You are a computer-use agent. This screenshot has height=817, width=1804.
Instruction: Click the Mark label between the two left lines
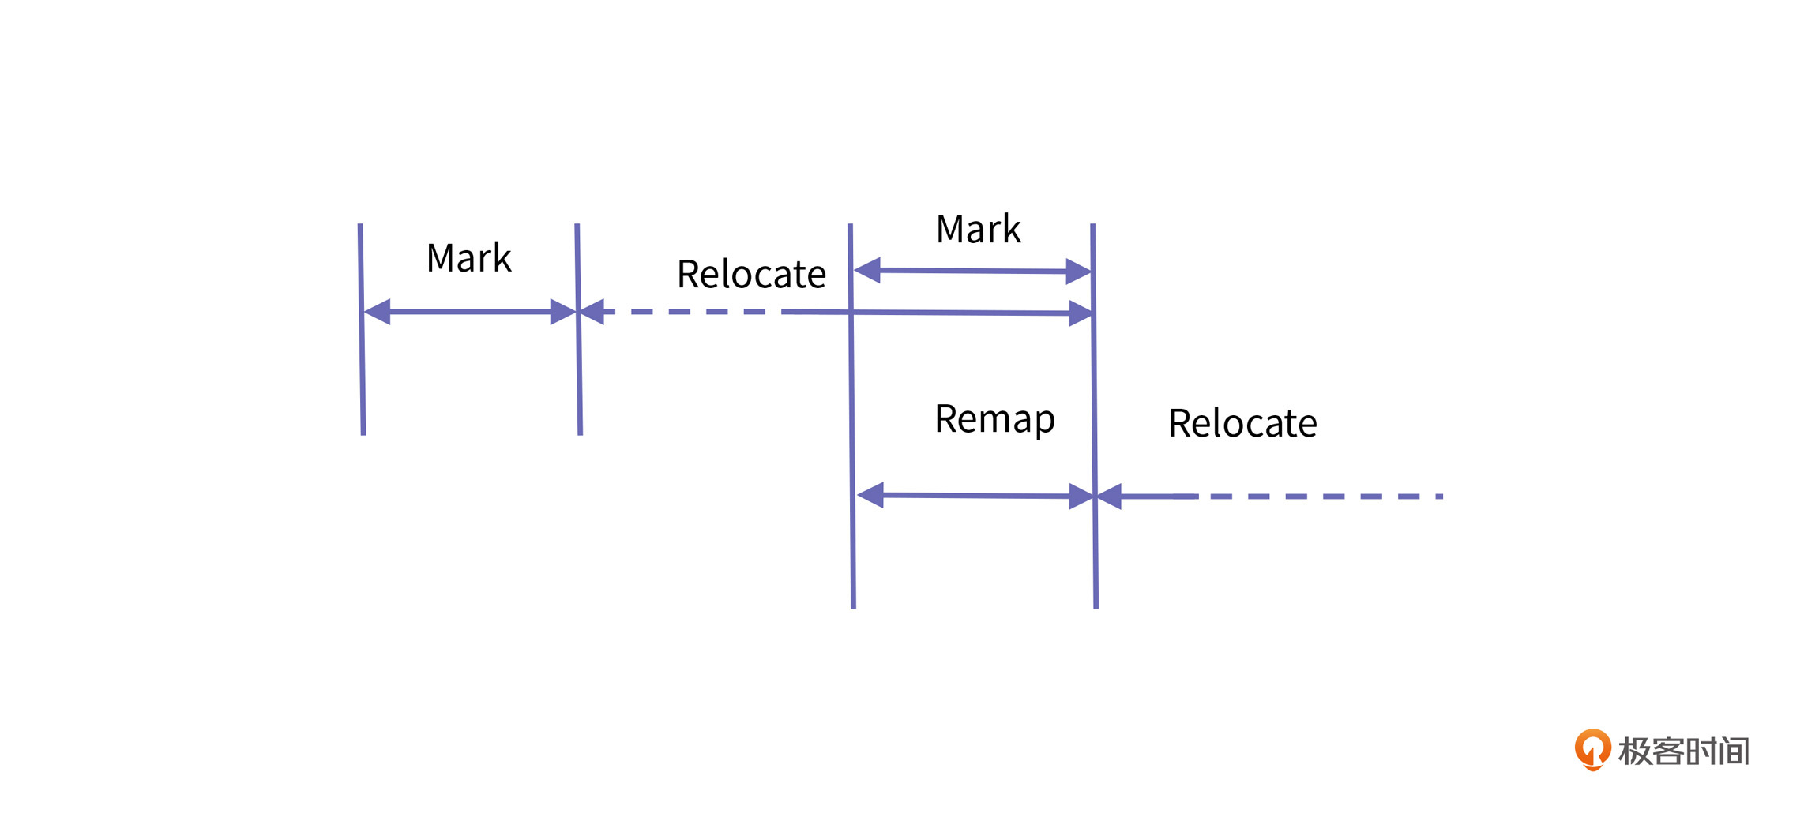468,258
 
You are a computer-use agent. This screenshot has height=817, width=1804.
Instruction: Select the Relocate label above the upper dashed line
751,275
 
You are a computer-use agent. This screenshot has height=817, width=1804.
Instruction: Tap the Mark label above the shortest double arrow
978,230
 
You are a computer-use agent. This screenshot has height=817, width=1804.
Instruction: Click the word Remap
994,419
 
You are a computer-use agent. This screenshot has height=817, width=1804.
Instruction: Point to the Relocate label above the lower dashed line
1242,424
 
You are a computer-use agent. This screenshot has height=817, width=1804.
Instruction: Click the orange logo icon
1592,748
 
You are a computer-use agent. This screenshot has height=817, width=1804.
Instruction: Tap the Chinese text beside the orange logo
1683,751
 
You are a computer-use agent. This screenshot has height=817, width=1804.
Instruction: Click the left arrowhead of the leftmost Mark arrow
378,312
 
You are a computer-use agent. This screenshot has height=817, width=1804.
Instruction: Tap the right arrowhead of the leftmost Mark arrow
562,312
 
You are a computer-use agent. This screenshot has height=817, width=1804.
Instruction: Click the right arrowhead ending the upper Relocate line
1080,313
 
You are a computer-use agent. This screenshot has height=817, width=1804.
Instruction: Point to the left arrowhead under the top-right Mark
868,270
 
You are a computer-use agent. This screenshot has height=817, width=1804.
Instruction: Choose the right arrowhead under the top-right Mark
1077,272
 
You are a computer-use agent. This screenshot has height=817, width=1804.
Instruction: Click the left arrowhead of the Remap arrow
870,495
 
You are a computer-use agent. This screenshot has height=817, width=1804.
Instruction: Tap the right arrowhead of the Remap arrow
1080,497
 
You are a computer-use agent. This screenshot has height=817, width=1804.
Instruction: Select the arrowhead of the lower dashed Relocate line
1110,497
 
